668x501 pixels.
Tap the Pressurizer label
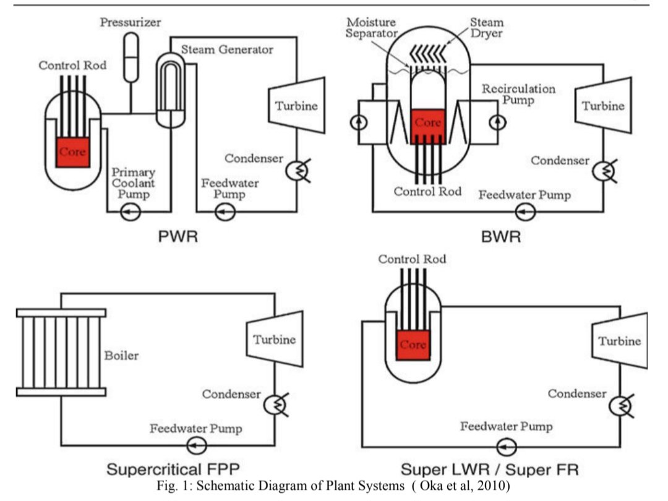pyautogui.click(x=130, y=23)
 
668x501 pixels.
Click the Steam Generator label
pyautogui.click(x=227, y=49)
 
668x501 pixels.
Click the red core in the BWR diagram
pyautogui.click(x=427, y=126)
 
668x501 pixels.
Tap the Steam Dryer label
pyautogui.click(x=486, y=28)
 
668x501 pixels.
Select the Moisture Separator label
pyautogui.click(x=371, y=28)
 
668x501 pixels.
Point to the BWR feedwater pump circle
pyautogui.click(x=526, y=212)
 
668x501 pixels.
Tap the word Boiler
pyautogui.click(x=122, y=356)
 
